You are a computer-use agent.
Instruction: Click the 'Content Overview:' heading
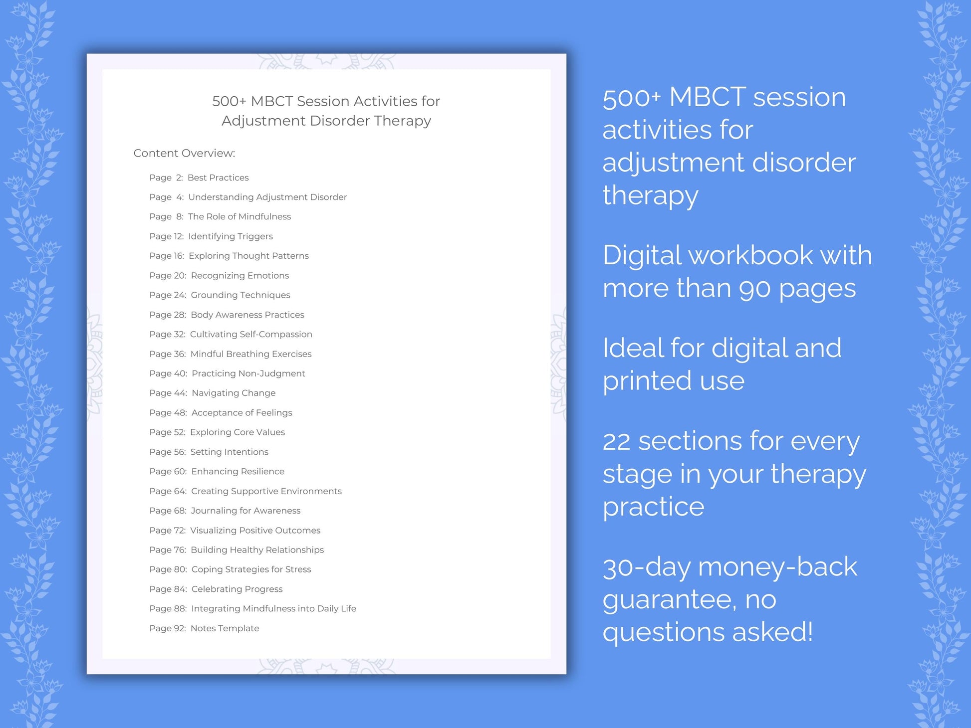point(184,153)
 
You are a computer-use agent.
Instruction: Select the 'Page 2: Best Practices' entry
point(199,178)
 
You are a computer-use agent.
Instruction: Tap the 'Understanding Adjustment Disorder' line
point(267,197)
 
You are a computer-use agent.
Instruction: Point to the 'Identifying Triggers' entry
point(230,236)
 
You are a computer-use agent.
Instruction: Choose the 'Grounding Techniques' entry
point(240,295)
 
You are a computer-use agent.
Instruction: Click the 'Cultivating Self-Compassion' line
point(250,334)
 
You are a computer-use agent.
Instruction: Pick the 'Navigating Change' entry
point(233,393)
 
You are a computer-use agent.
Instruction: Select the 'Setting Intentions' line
point(229,452)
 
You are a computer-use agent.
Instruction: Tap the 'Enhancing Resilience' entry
point(238,471)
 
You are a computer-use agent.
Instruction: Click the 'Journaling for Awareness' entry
point(245,511)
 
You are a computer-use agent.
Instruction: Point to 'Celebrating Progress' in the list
point(237,589)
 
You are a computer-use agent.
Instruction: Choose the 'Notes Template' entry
point(225,628)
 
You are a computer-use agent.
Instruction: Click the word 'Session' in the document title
point(323,101)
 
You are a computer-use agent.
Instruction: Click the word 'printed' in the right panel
point(647,381)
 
